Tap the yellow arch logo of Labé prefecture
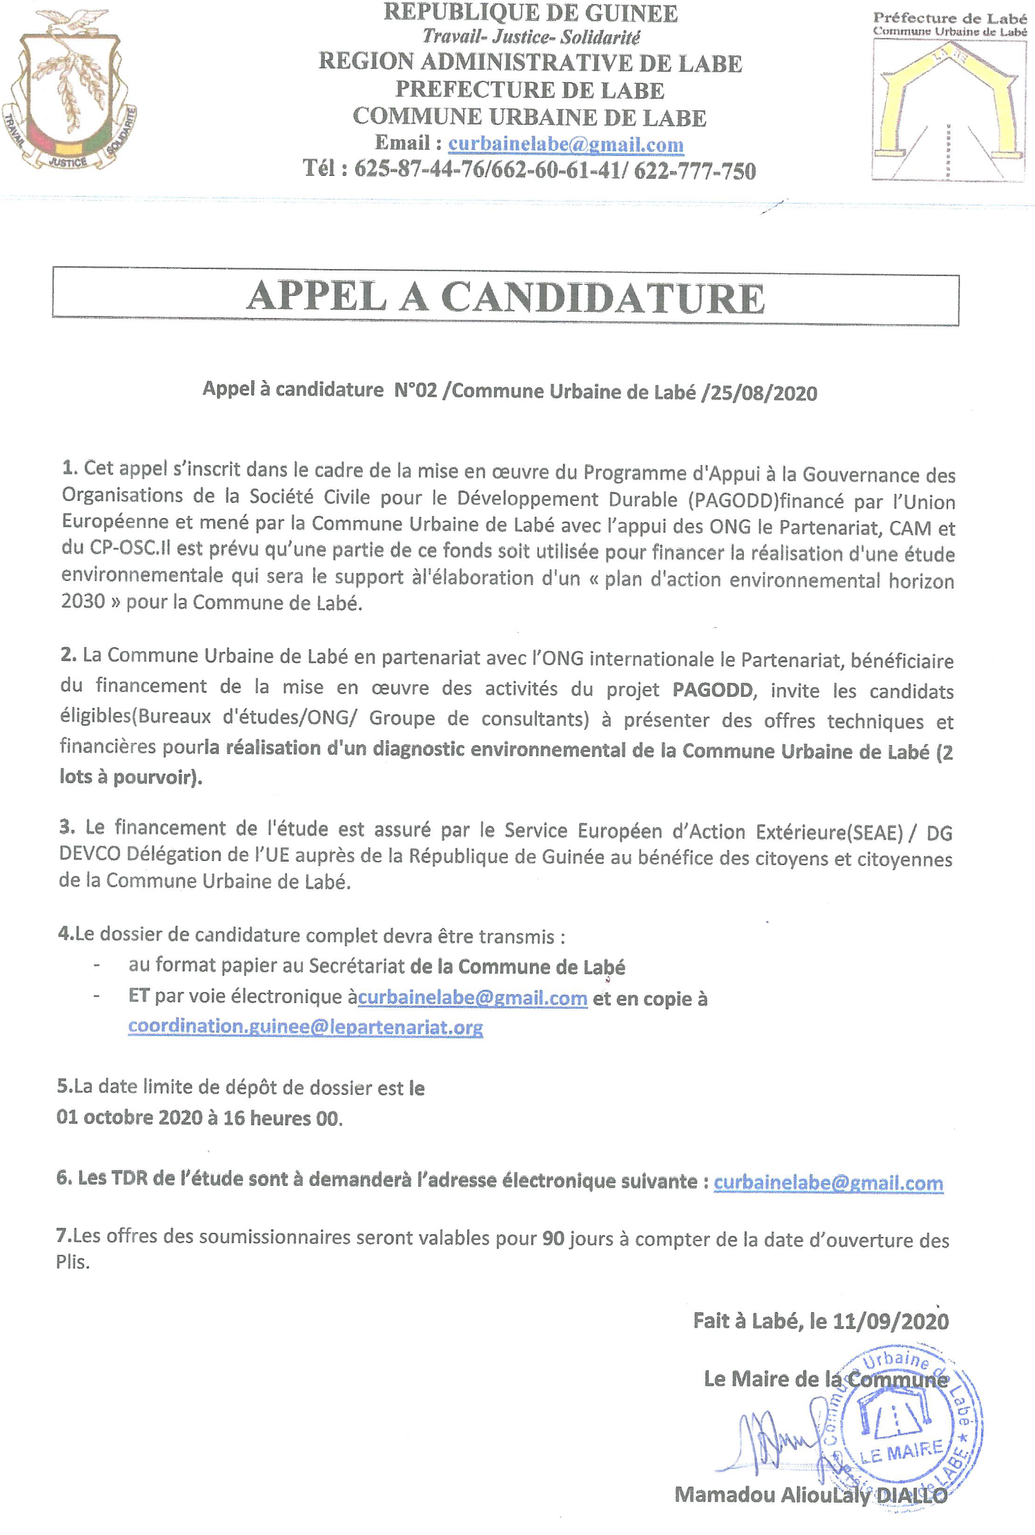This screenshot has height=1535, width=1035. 949,110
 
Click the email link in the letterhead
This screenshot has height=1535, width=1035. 566,144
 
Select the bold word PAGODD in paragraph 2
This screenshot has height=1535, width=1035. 713,689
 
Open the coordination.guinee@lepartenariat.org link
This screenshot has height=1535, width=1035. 305,1027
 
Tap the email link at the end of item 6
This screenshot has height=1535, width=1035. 828,1182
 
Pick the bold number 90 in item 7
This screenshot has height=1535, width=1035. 553,1239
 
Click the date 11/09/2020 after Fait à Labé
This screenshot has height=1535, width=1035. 891,1321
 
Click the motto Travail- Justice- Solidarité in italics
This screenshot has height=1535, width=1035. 531,37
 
